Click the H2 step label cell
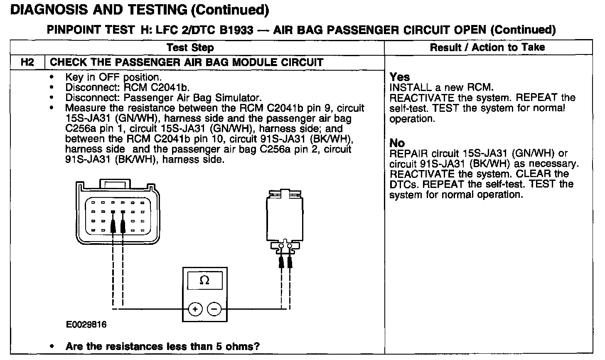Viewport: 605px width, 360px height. click(x=27, y=63)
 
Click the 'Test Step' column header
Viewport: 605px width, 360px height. click(x=190, y=47)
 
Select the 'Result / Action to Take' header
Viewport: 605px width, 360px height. click(x=487, y=47)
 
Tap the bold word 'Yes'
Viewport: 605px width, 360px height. click(x=400, y=77)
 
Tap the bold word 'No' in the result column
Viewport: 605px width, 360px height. click(x=397, y=143)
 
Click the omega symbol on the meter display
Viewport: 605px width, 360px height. click(x=204, y=281)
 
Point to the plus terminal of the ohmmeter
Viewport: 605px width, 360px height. click(x=195, y=309)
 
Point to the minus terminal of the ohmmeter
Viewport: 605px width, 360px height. click(x=214, y=309)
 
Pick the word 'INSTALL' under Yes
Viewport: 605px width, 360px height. click(x=410, y=88)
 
